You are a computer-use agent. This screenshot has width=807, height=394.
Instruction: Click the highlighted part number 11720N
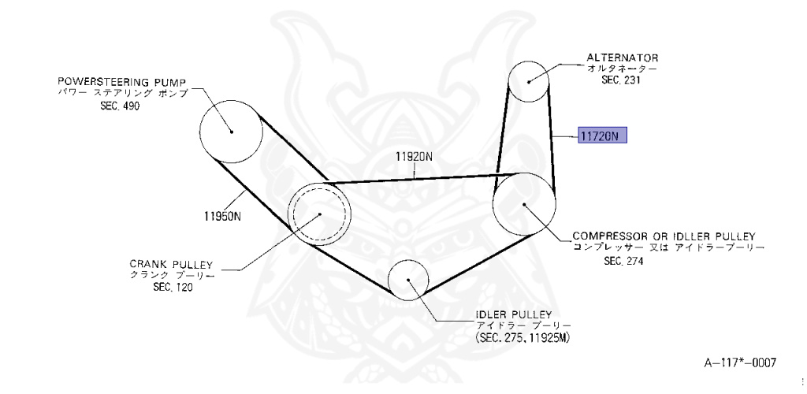click(x=602, y=136)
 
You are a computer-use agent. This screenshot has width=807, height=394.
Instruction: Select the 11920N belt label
click(x=415, y=156)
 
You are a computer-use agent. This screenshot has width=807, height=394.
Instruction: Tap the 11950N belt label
click(x=221, y=215)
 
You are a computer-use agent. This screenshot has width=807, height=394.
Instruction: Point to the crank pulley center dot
click(x=319, y=214)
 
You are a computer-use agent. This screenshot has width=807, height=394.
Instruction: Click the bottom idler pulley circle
click(x=408, y=280)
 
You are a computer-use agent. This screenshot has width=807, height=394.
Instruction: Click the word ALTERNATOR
click(x=623, y=58)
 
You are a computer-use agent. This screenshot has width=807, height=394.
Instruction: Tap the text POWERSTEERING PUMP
click(x=123, y=81)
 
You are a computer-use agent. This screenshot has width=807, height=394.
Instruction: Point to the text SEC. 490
click(x=120, y=106)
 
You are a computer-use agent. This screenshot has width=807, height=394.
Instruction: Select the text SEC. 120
click(x=173, y=288)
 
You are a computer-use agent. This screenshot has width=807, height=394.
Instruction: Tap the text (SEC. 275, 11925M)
click(x=523, y=336)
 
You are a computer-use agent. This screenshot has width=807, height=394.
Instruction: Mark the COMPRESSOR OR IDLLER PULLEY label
click(x=664, y=236)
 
